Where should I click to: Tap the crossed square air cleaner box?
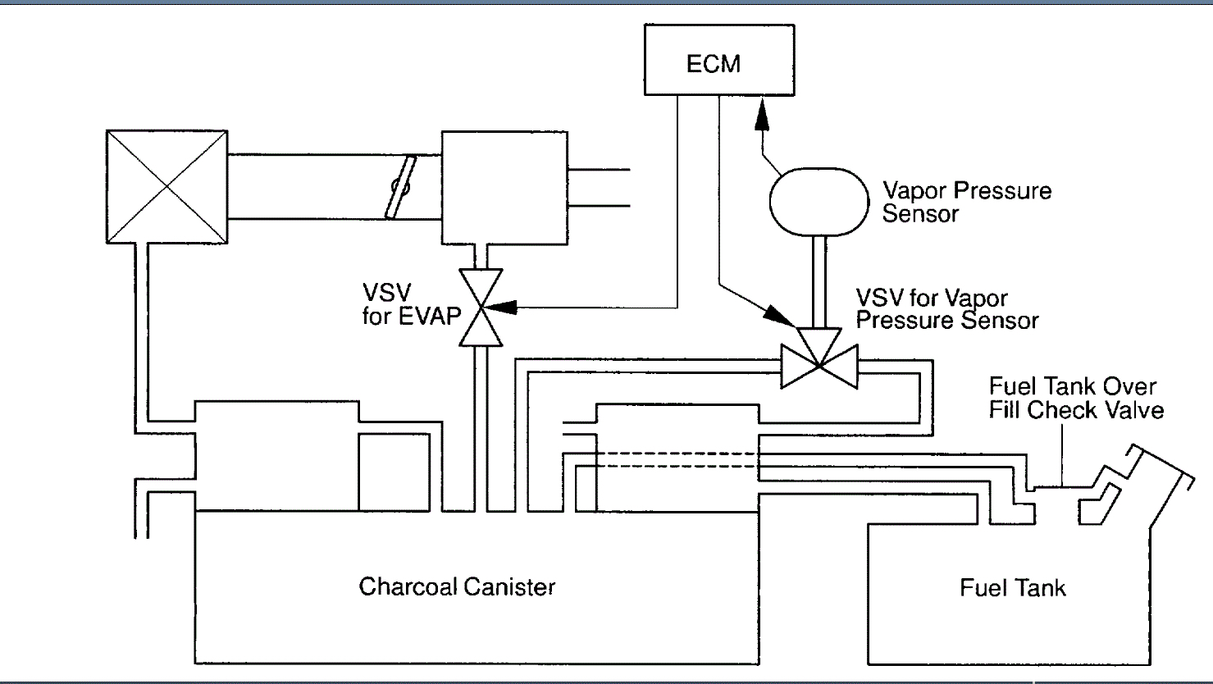[x=167, y=187]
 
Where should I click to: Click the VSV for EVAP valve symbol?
[x=480, y=308]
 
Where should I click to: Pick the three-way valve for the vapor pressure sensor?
[x=819, y=358]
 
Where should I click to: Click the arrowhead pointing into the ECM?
[x=762, y=113]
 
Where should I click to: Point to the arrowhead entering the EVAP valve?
[x=502, y=308]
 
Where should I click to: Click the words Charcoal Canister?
[x=457, y=587]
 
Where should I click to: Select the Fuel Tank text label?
[x=1013, y=588]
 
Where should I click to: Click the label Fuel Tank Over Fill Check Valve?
[x=1075, y=398]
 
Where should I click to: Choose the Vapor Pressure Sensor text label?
[x=966, y=202]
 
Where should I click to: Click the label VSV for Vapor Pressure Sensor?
[x=946, y=309]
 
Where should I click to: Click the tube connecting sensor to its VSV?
[x=819, y=281]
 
